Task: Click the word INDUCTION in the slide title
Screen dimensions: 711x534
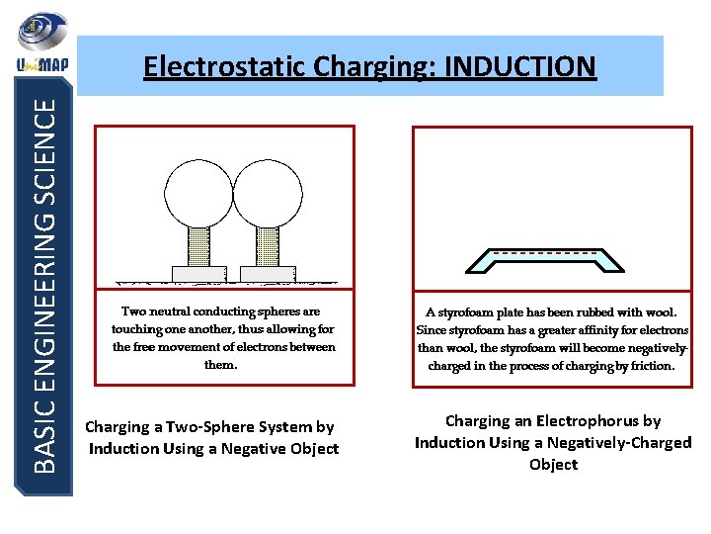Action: point(520,66)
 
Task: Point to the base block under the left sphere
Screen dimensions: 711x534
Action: point(197,273)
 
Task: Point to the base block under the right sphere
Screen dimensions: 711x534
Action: point(268,273)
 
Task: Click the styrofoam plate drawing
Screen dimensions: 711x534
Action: point(543,261)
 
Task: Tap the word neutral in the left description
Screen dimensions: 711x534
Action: point(177,311)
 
